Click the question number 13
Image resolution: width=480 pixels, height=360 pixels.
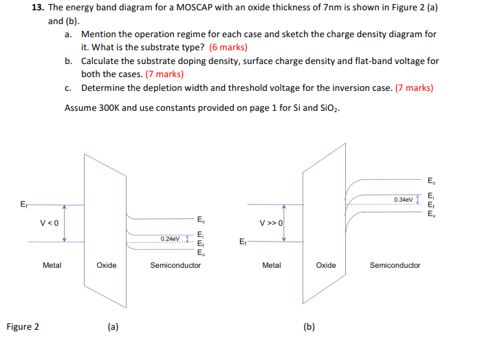[38, 8]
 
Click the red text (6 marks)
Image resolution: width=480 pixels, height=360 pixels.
[228, 47]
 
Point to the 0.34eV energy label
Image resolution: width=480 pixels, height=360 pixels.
[404, 200]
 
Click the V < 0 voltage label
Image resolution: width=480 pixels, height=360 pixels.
[50, 223]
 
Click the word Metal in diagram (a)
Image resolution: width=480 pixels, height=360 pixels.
[52, 265]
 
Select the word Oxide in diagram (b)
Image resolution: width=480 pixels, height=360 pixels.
[327, 265]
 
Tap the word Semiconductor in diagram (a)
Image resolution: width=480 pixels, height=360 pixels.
[175, 265]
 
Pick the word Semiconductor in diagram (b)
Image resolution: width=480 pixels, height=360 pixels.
[395, 265]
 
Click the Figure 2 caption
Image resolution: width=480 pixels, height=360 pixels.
[23, 326]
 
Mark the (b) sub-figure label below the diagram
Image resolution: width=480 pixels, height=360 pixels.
[309, 327]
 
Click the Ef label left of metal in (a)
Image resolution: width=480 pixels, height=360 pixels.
[24, 204]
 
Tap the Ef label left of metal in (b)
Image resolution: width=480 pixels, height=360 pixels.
[242, 242]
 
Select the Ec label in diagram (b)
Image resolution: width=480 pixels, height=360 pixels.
[431, 182]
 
